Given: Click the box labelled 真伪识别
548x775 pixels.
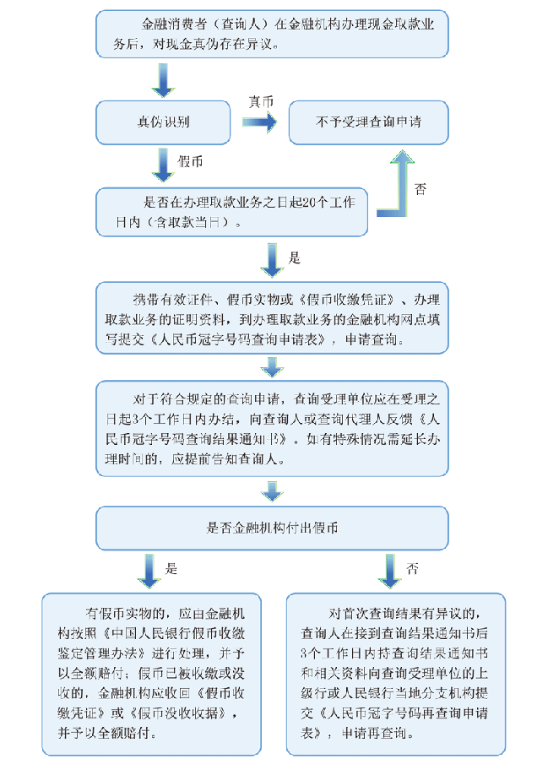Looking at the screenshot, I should pos(163,122).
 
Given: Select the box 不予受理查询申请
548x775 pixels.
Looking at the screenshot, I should pos(369,122).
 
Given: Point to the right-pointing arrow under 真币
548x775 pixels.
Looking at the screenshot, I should pos(259,122).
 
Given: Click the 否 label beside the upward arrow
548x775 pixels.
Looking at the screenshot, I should pos(420,189).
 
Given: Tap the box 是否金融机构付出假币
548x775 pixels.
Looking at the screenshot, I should pos(272,528).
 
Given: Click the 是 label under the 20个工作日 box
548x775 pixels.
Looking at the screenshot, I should pos(296,257).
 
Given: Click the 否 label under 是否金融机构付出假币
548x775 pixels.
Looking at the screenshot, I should pos(412,567).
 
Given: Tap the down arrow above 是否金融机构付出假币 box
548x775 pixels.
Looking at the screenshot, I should pos(272,490).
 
